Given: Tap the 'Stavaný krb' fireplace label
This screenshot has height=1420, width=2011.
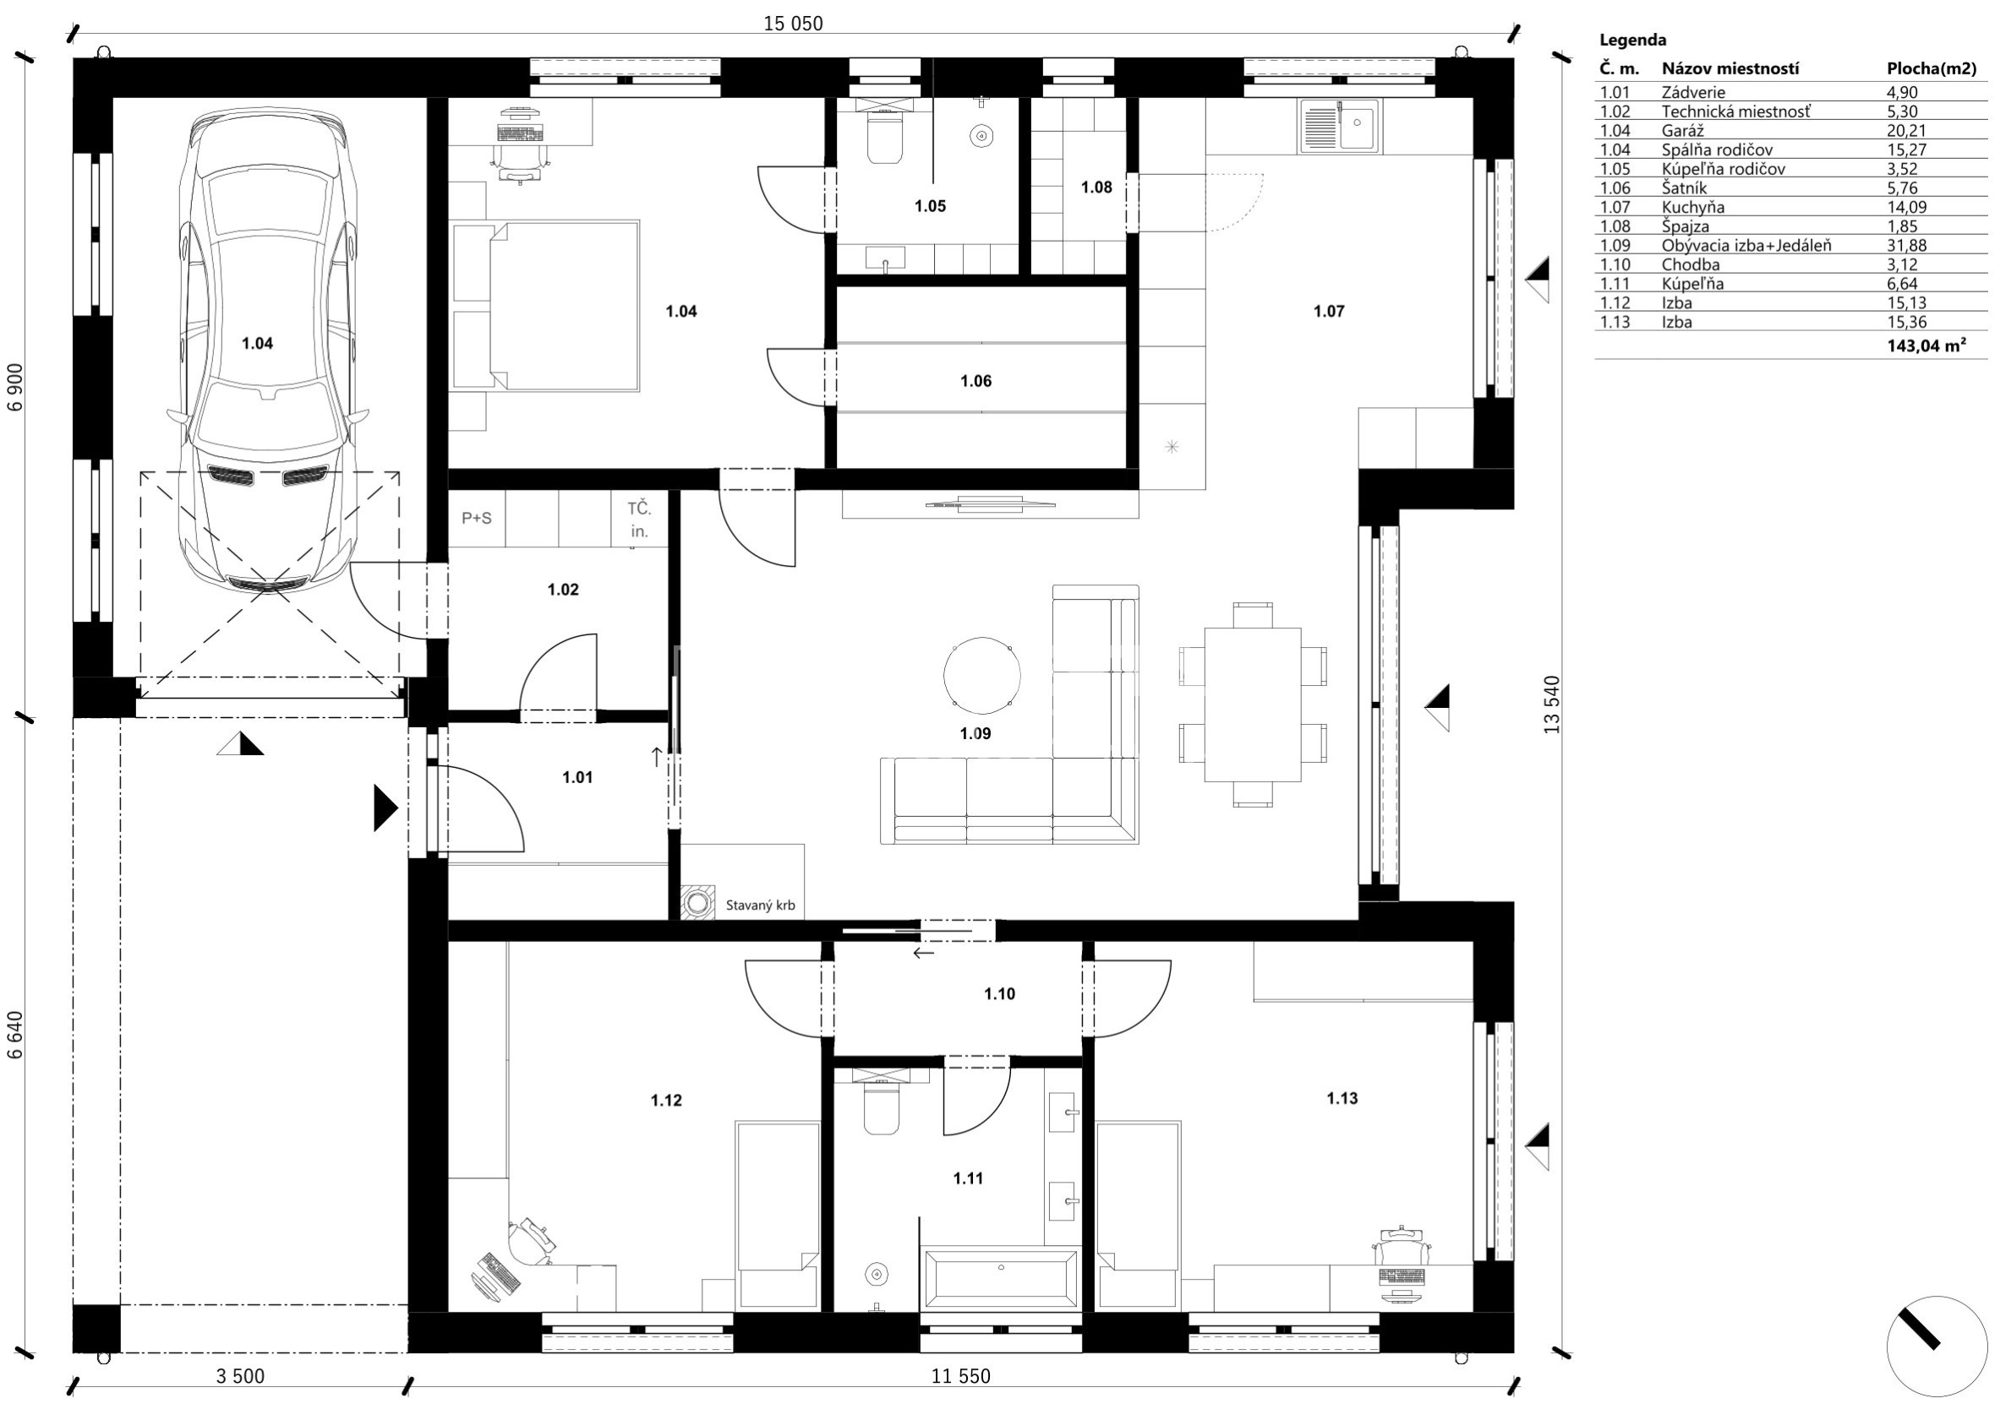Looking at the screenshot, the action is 760,906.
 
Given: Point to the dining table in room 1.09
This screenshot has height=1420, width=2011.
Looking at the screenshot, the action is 1253,705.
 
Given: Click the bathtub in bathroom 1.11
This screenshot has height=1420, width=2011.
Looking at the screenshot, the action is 999,1277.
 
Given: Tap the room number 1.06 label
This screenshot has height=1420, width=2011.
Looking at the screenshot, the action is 975,381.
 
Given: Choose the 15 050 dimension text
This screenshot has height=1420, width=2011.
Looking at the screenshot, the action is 794,24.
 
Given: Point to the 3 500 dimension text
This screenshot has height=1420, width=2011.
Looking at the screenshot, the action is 240,1376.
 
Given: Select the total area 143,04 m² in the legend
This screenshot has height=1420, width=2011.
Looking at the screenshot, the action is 1926,345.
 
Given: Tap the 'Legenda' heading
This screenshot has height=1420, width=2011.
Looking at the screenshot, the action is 1632,40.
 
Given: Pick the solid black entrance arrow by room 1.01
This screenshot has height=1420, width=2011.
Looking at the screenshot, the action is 385,808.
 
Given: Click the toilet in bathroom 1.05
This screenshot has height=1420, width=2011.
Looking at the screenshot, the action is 885,138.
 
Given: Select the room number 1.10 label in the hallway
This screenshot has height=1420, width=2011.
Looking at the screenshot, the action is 999,993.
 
